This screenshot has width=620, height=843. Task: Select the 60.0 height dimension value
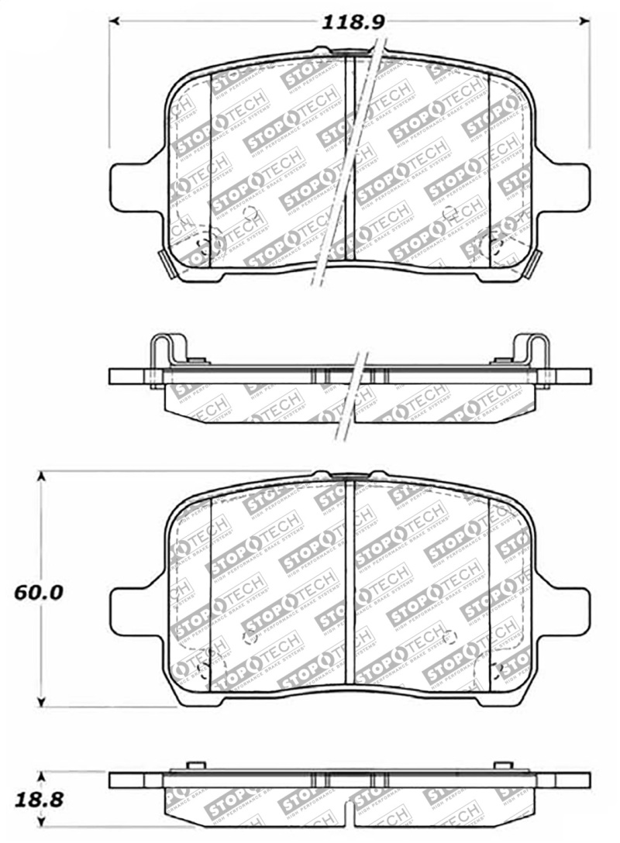click(x=38, y=593)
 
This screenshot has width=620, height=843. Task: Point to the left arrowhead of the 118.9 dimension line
click(x=114, y=21)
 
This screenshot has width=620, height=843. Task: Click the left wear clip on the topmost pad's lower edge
click(x=166, y=263)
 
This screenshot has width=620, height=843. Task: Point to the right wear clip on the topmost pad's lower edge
click(x=534, y=263)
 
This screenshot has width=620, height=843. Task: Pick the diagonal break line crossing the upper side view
click(x=350, y=395)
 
